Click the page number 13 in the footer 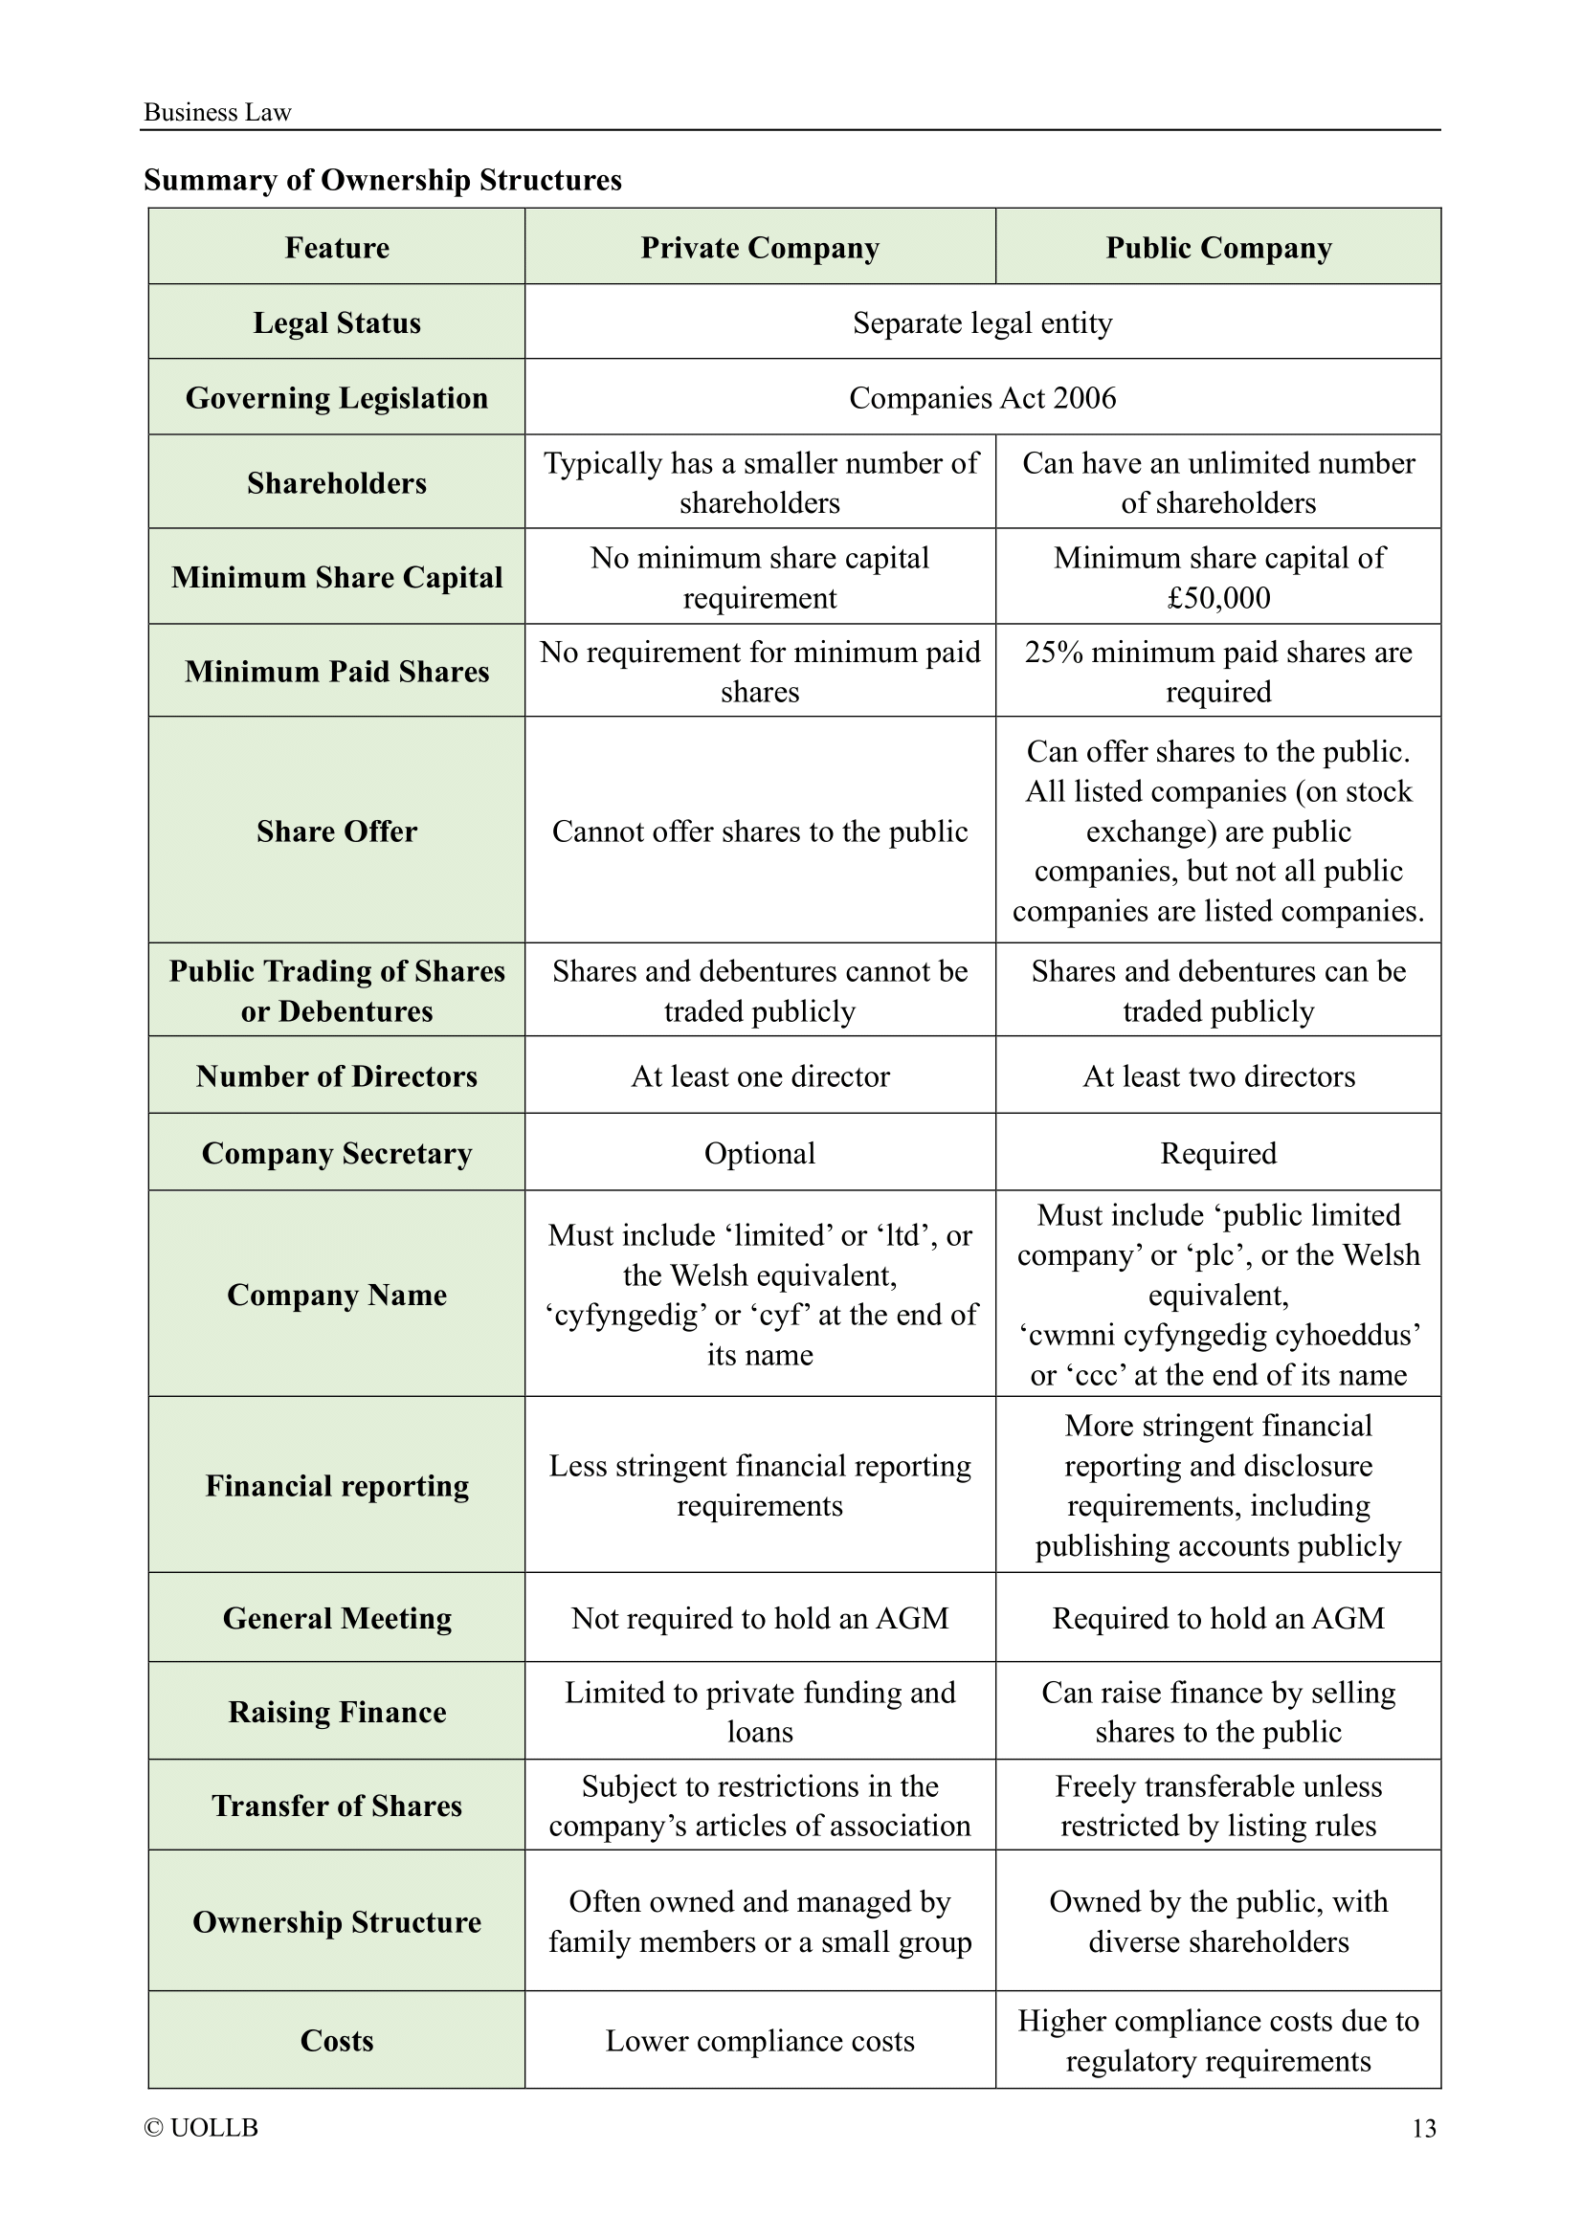point(1423,2128)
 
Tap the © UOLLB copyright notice point(201,2128)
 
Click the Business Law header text point(217,113)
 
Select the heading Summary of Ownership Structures point(382,180)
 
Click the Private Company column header point(759,248)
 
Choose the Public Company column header point(1217,248)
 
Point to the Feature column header point(336,248)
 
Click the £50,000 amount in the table point(1218,597)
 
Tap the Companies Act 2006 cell point(982,398)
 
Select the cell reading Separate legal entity point(982,322)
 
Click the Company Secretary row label point(336,1153)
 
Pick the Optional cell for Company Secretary point(759,1153)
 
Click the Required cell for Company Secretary point(1217,1153)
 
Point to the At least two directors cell point(1218,1076)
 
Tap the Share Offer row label point(336,831)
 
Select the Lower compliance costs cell point(759,2041)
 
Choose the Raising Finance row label point(336,1713)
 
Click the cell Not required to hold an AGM point(759,1618)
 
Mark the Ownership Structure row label point(336,1922)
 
